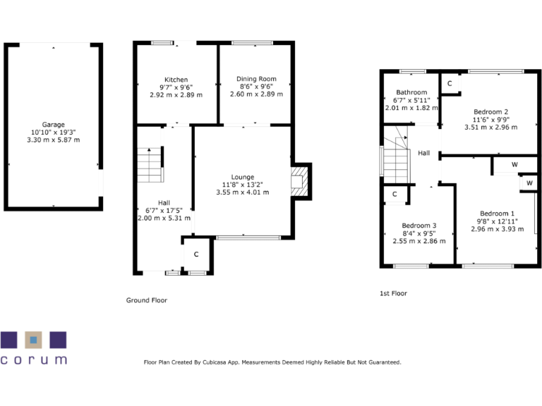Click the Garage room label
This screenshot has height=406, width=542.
(54, 123)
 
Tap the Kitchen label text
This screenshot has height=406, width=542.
(176, 79)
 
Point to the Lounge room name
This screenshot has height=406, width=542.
(243, 177)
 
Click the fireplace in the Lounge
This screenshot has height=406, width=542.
(300, 180)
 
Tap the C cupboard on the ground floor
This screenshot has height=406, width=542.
(196, 254)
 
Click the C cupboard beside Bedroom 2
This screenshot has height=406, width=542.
(450, 83)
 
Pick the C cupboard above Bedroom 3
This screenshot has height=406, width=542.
(395, 194)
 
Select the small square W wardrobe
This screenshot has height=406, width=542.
(529, 183)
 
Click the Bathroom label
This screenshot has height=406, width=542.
(411, 92)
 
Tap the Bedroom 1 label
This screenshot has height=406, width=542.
(498, 214)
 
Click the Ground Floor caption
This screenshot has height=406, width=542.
(146, 300)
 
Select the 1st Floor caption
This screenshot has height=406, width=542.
(393, 293)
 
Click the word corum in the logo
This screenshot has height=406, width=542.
(34, 359)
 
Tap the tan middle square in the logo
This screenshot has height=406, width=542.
(33, 340)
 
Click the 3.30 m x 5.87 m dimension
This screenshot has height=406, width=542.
(54, 140)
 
